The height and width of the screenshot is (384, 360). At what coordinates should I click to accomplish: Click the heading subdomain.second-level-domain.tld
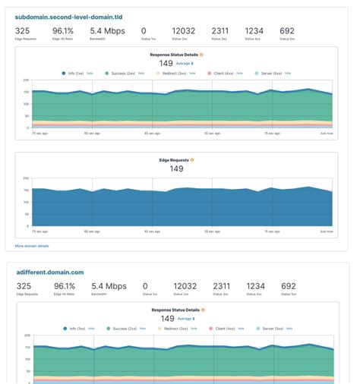[x=68, y=16]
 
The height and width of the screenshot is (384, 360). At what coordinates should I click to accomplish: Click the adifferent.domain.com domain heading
[x=50, y=272]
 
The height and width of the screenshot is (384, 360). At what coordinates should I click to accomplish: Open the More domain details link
[x=32, y=246]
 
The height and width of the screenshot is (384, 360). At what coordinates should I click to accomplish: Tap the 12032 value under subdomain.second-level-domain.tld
[x=183, y=31]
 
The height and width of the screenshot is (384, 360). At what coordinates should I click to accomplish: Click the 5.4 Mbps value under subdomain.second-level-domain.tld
[x=107, y=31]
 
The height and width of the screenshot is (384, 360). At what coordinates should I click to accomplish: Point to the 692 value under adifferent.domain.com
[x=288, y=286]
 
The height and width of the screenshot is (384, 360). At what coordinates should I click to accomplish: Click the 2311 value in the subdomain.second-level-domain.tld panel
[x=220, y=31]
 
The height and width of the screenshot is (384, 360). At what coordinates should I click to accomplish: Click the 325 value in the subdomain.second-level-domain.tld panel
[x=23, y=31]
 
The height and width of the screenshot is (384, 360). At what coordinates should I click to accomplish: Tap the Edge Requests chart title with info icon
[x=176, y=160]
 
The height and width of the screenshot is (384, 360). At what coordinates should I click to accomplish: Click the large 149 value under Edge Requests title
[x=176, y=169]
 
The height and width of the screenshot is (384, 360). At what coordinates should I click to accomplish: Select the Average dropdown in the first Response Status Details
[x=185, y=64]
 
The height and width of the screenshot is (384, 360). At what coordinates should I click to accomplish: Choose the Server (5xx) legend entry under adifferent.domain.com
[x=269, y=329]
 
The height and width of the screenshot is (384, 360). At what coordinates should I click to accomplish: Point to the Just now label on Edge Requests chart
[x=326, y=231]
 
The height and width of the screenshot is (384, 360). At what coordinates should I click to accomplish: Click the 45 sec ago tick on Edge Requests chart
[x=152, y=231]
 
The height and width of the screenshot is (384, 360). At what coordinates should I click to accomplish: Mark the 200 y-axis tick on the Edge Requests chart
[x=26, y=178]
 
